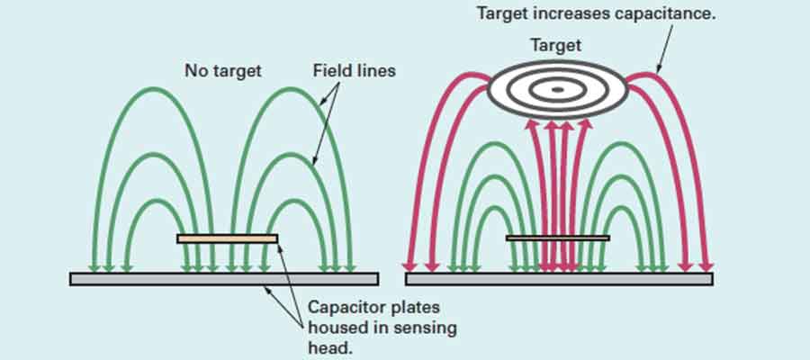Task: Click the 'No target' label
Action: click(222, 70)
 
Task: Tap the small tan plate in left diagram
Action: click(227, 238)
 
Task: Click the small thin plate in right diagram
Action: click(557, 238)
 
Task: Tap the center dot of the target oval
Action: click(557, 89)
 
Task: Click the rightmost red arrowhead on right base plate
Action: click(706, 266)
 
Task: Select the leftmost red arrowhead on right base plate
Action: click(409, 266)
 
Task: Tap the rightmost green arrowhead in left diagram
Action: click(351, 267)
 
